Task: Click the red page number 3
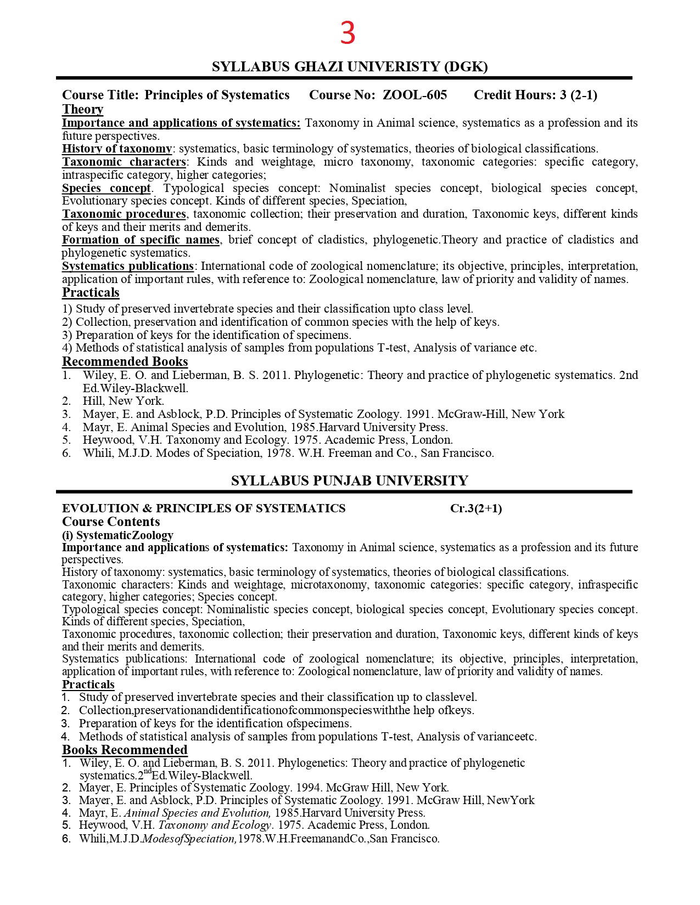pos(348,33)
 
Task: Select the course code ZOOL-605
pos(415,95)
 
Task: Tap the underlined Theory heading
pos(82,109)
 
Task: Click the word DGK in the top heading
pos(466,66)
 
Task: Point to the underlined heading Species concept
pos(107,188)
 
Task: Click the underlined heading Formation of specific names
pos(141,240)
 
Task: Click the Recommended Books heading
pos(125,361)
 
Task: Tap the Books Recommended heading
pos(125,750)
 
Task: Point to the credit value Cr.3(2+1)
pos(476,508)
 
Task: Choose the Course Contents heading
pos(111,522)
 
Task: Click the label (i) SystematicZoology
pos(117,535)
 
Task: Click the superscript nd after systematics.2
pos(147,771)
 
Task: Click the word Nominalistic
pos(238,609)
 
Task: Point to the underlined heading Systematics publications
pos(127,266)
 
